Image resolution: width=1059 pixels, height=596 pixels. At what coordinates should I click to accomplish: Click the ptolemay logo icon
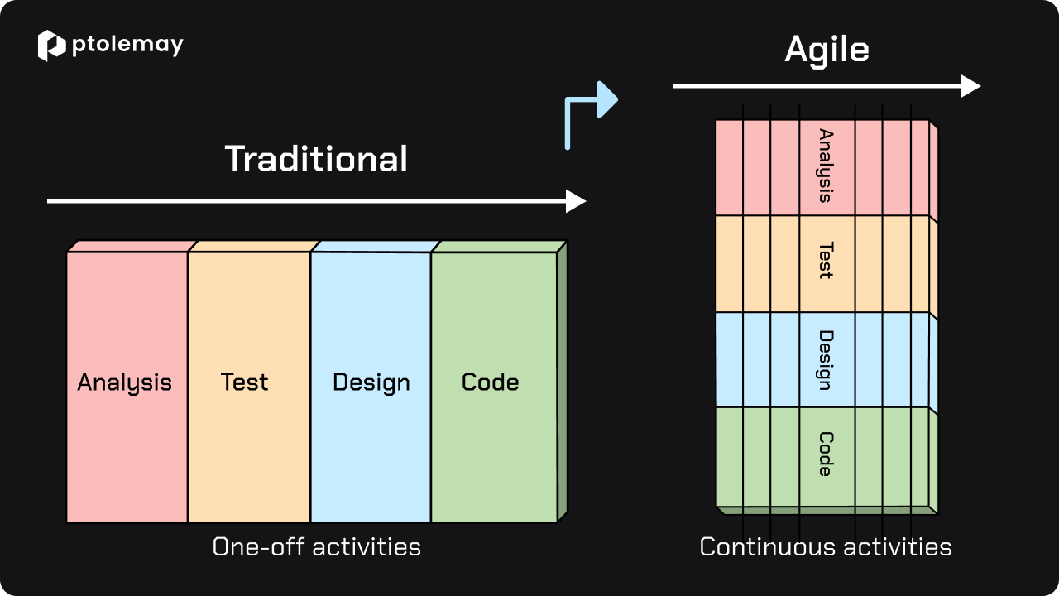(51, 46)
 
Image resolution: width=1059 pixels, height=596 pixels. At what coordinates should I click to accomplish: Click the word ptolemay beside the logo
(127, 46)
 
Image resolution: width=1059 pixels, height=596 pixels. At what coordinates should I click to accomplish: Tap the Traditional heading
(316, 159)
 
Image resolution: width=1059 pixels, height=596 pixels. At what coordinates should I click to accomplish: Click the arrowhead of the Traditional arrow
(576, 201)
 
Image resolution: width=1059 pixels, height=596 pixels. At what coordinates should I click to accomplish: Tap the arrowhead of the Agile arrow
(970, 86)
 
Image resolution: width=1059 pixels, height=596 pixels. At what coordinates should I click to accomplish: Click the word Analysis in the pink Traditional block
(124, 382)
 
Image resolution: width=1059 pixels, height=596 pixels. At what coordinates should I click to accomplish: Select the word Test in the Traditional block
(244, 382)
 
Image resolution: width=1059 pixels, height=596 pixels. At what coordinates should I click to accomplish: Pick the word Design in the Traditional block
(371, 382)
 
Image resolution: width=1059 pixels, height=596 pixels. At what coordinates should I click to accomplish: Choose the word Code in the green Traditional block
(491, 382)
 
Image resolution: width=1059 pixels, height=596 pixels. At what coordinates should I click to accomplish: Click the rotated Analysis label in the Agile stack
(826, 166)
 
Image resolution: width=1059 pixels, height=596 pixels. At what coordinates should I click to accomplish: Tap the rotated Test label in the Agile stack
(826, 260)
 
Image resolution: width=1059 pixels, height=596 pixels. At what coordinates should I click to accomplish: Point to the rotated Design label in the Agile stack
(826, 360)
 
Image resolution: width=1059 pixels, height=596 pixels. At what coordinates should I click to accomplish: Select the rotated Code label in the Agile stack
(826, 454)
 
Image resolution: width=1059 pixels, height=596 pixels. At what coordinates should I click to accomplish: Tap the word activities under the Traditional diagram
(367, 547)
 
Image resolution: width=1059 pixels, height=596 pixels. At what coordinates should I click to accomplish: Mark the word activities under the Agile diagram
(898, 547)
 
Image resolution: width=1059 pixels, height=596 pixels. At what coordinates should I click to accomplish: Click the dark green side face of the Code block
(562, 382)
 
